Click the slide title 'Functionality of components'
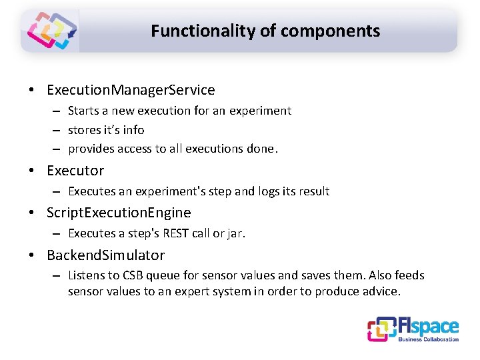pyautogui.click(x=265, y=31)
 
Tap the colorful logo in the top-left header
pyautogui.click(x=51, y=31)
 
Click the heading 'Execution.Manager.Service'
pyautogui.click(x=131, y=89)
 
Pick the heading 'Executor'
pyautogui.click(x=75, y=170)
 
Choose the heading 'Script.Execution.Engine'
pyautogui.click(x=119, y=213)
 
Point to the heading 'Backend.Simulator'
pyautogui.click(x=105, y=255)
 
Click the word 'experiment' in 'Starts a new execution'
pyautogui.click(x=260, y=111)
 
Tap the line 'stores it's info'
pyautogui.click(x=106, y=129)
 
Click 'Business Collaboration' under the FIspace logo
pyautogui.click(x=428, y=339)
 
